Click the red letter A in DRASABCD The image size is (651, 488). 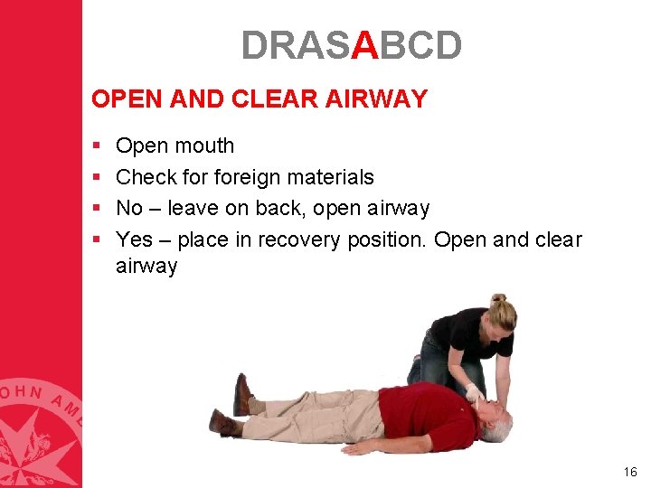(364, 45)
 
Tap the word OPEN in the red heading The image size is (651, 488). (122, 99)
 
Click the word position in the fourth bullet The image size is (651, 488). (386, 239)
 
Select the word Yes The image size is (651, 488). (135, 239)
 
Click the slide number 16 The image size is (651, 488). (630, 472)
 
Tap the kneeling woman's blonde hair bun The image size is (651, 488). (498, 299)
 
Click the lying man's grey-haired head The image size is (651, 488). (495, 423)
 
